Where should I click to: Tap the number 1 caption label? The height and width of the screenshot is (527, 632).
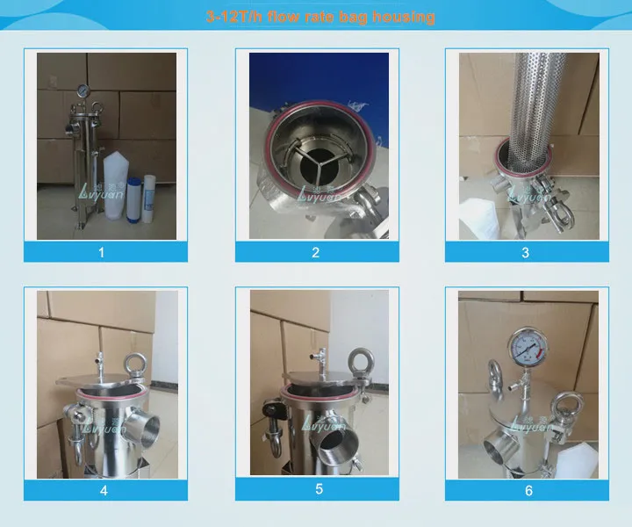(101, 252)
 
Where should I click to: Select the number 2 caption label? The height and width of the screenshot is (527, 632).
(316, 252)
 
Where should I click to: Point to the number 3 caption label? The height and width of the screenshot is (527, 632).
(525, 252)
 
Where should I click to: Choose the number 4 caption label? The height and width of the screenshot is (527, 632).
(104, 490)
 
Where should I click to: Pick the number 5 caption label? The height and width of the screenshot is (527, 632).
(319, 490)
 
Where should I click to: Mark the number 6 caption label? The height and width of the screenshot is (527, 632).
(528, 490)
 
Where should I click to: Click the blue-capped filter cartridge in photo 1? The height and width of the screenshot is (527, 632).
(135, 198)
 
